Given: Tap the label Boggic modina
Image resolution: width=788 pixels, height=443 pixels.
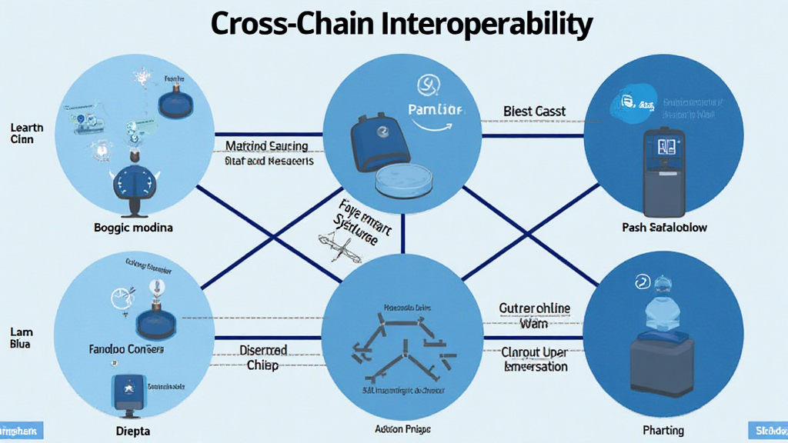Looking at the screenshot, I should point(133,228).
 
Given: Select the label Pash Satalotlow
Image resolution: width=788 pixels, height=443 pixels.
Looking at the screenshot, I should point(664,228).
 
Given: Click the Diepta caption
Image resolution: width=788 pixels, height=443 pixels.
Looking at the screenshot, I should point(134,430).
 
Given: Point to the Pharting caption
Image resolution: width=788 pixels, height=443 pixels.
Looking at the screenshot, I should point(663,430).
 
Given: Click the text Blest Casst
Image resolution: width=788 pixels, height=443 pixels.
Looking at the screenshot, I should point(534,112).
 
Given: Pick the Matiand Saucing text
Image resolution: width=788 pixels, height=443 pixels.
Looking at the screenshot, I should point(266,145).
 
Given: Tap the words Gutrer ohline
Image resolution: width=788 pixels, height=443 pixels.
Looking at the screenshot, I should point(535,308).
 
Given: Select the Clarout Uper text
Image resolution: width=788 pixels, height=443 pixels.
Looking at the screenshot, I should point(535,352).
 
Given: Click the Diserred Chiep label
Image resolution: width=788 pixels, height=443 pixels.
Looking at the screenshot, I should point(263,357).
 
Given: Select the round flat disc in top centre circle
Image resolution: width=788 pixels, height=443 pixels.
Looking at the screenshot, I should point(404,181).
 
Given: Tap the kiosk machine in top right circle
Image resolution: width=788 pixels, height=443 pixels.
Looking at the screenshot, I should point(663,174).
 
